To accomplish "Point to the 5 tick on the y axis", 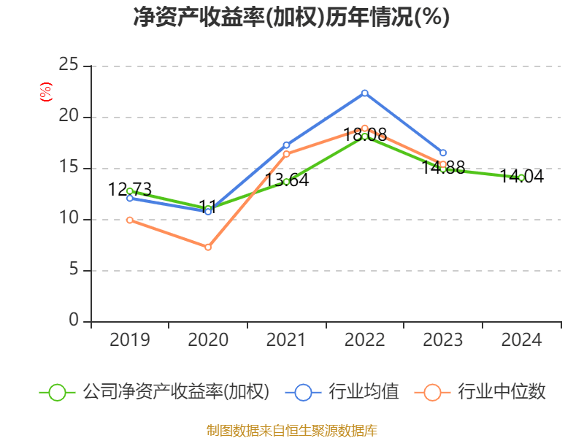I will tap(74, 271).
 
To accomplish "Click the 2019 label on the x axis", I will tap(129, 339).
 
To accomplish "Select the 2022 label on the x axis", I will tap(364, 339).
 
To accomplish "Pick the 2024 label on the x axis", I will tap(521, 339).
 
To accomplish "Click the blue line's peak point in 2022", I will tap(364, 93).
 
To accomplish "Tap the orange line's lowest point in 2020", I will tap(208, 247).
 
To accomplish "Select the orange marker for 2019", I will tap(130, 220).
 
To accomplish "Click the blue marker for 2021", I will tap(286, 145).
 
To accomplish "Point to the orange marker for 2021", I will tap(286, 154).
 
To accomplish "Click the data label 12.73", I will tap(130, 190).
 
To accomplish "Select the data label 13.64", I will tap(286, 180).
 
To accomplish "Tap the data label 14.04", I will tap(521, 176).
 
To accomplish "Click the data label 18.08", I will tap(364, 135).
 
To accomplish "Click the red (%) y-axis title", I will tap(45, 92).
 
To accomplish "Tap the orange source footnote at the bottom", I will tap(291, 430).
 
